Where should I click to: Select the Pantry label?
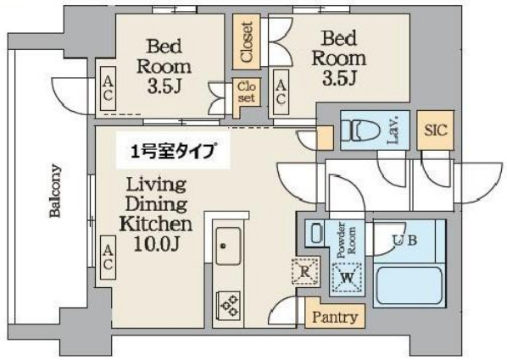334,318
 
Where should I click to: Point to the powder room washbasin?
314,233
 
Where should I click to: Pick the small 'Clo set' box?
246,92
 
